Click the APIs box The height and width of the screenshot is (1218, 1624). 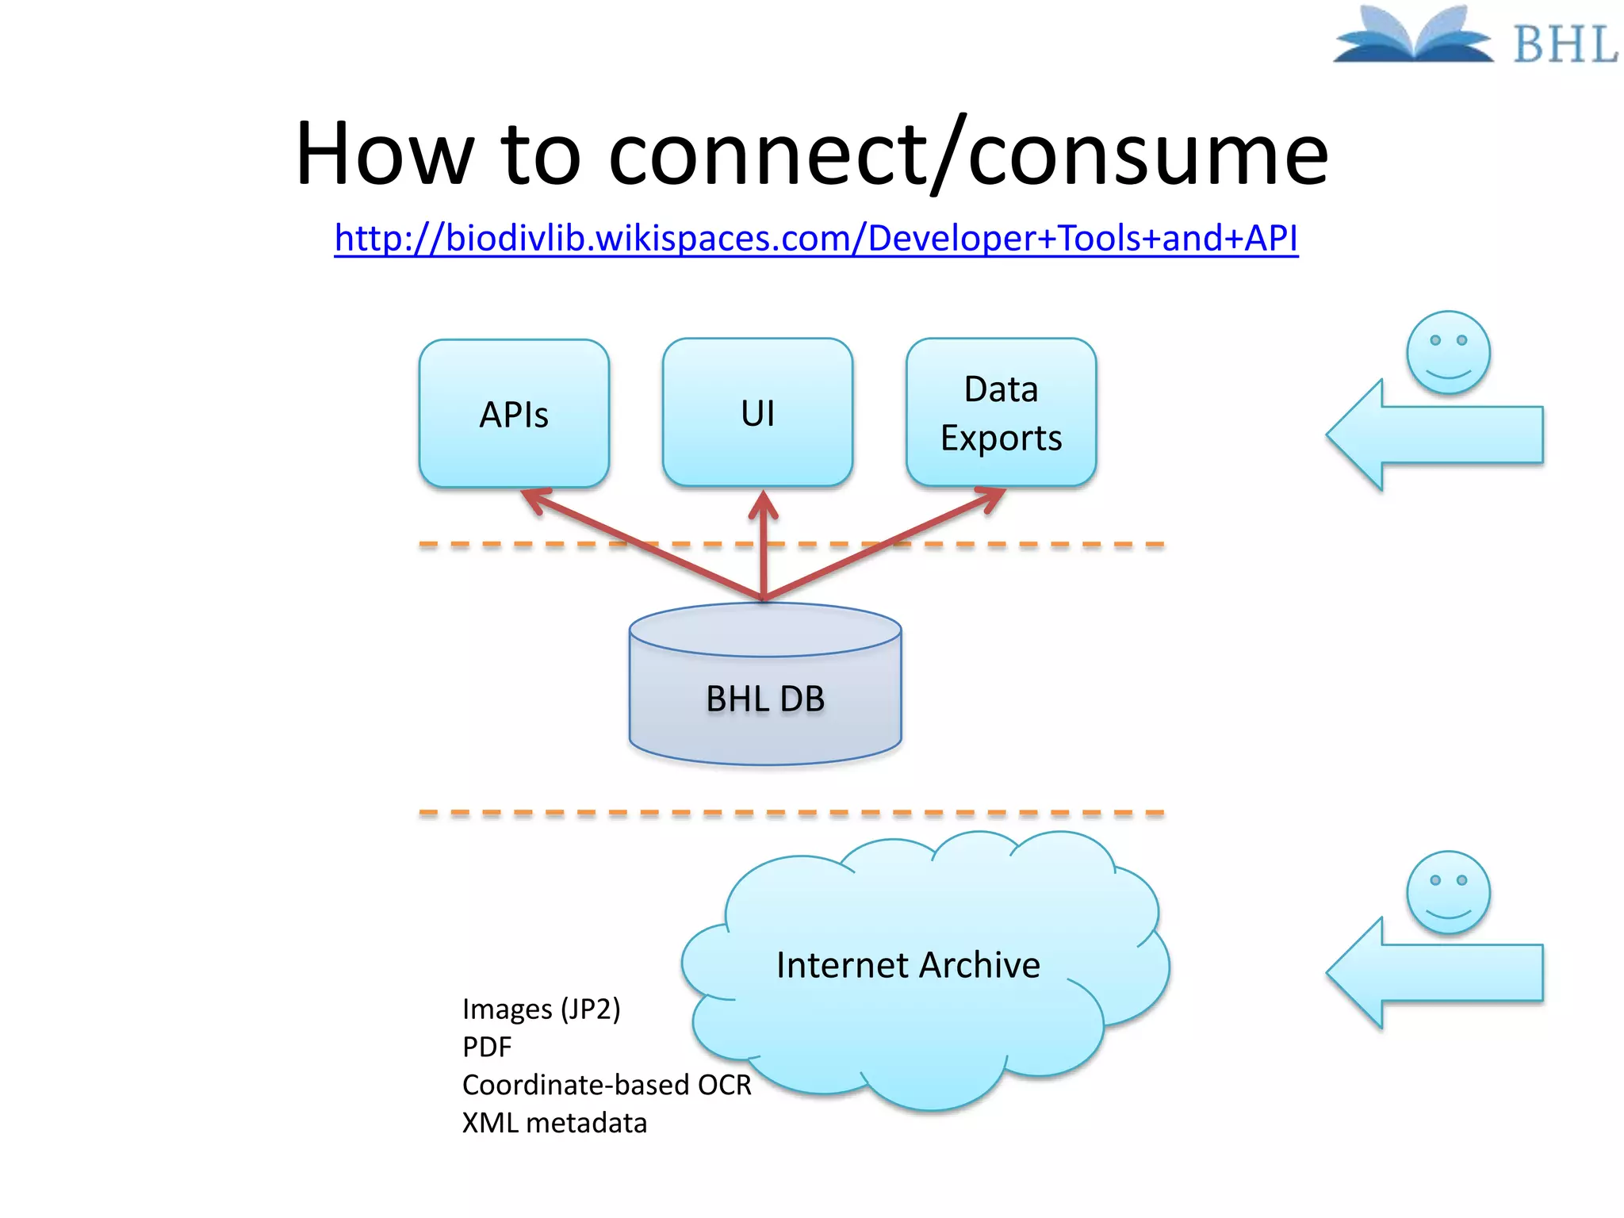click(x=514, y=413)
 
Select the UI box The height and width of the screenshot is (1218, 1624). click(x=757, y=412)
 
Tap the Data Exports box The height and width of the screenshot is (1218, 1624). click(x=1001, y=412)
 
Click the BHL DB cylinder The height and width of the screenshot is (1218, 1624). click(x=765, y=698)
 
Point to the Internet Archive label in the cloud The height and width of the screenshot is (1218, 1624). click(x=908, y=965)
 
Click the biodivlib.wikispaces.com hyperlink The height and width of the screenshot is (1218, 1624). click(x=816, y=238)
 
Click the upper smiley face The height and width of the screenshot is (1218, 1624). click(x=1448, y=352)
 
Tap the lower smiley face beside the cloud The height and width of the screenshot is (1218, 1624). click(x=1448, y=892)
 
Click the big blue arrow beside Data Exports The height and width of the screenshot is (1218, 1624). click(x=1435, y=435)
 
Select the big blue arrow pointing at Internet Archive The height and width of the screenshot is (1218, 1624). click(x=1435, y=973)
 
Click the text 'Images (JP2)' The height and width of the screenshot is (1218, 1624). click(x=541, y=1009)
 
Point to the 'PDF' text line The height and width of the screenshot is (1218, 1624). click(x=487, y=1048)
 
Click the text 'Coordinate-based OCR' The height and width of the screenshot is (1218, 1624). click(x=607, y=1085)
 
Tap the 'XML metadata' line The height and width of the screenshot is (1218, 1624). click(x=554, y=1123)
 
